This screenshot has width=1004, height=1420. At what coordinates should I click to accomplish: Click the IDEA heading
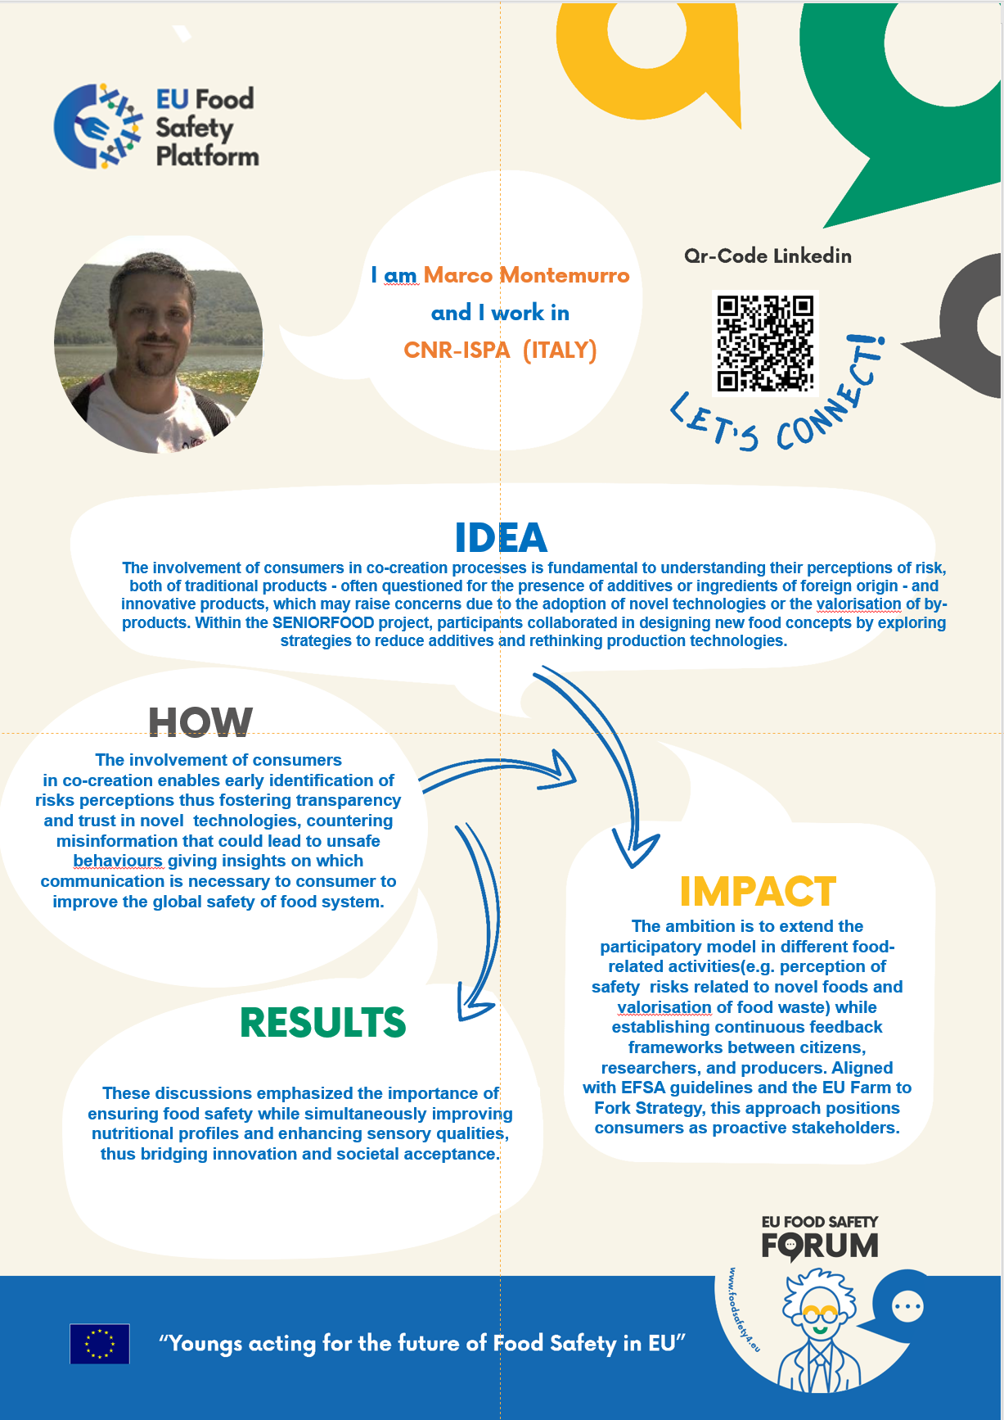click(x=501, y=538)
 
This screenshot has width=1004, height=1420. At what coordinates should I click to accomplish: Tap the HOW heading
click(x=200, y=722)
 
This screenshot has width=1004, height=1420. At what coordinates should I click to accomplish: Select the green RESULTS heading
click(x=323, y=1023)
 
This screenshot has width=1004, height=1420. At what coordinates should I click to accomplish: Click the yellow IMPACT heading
click(x=758, y=892)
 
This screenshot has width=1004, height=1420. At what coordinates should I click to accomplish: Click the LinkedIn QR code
click(x=765, y=343)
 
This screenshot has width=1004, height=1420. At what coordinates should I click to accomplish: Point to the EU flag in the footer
click(x=100, y=1344)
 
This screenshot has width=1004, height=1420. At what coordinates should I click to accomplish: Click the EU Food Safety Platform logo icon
click(x=97, y=127)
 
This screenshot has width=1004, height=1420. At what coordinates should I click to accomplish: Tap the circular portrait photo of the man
click(x=159, y=344)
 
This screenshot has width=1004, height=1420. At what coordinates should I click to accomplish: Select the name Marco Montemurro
click(x=526, y=275)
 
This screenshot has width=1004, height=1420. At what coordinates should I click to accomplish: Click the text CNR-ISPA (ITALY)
click(x=500, y=350)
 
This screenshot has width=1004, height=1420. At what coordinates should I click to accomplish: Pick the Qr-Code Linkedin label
click(x=768, y=256)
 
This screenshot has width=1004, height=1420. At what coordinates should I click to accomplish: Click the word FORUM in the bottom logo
click(x=820, y=1246)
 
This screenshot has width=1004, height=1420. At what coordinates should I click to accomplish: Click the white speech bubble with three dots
click(x=907, y=1306)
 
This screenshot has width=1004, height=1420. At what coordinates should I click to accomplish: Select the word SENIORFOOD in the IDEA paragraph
click(x=323, y=622)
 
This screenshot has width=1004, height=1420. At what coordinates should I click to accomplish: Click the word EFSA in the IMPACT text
click(x=643, y=1088)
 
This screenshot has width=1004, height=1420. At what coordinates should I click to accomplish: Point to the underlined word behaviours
click(x=118, y=861)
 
